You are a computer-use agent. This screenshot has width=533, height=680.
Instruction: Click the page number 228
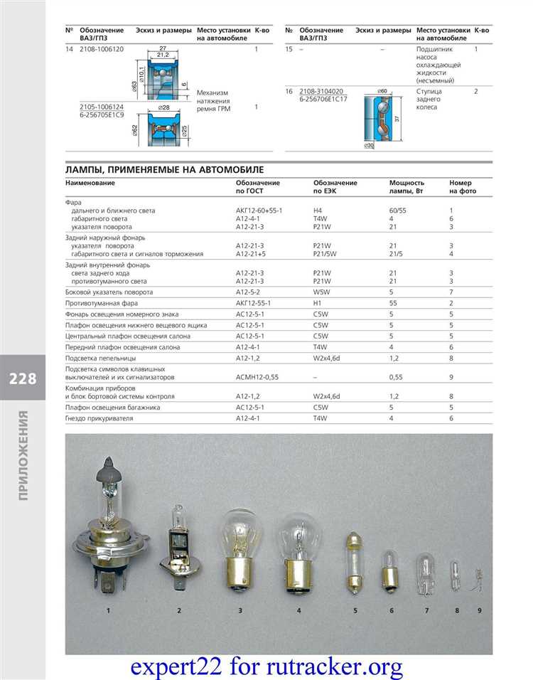(x=23, y=378)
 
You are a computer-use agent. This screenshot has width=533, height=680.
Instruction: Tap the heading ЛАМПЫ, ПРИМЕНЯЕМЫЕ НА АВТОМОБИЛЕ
(x=164, y=169)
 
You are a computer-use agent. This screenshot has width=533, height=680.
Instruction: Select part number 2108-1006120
(x=102, y=49)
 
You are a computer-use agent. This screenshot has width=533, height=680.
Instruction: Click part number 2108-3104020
(x=321, y=92)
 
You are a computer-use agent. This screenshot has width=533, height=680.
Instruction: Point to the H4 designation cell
(x=318, y=211)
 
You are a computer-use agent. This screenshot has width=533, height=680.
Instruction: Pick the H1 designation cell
(x=318, y=303)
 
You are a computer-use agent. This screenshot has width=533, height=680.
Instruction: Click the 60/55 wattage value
(x=398, y=211)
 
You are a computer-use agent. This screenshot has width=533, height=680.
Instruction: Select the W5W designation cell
(x=321, y=292)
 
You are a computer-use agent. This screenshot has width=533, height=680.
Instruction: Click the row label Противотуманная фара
(x=102, y=303)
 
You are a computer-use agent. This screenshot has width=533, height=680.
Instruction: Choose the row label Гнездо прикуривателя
(x=99, y=419)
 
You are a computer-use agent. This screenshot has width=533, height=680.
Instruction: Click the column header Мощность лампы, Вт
(x=407, y=187)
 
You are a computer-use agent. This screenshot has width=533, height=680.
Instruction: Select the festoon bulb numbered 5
(x=354, y=563)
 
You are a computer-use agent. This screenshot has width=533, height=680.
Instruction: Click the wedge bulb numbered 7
(x=426, y=575)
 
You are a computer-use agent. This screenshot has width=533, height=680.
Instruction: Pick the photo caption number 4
(x=299, y=611)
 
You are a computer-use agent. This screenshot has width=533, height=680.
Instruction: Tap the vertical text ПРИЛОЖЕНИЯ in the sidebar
(x=23, y=455)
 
